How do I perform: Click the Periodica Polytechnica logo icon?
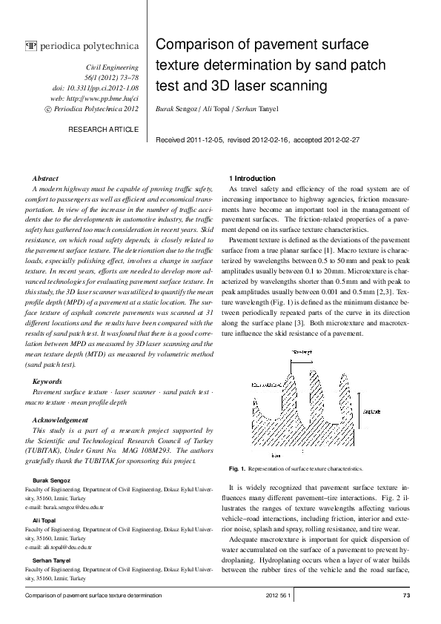(30, 47)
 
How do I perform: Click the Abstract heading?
(46, 179)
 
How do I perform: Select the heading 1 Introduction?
(253, 179)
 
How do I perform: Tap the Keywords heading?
(47, 381)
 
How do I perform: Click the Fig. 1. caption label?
(237, 469)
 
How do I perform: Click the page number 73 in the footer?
(405, 595)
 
